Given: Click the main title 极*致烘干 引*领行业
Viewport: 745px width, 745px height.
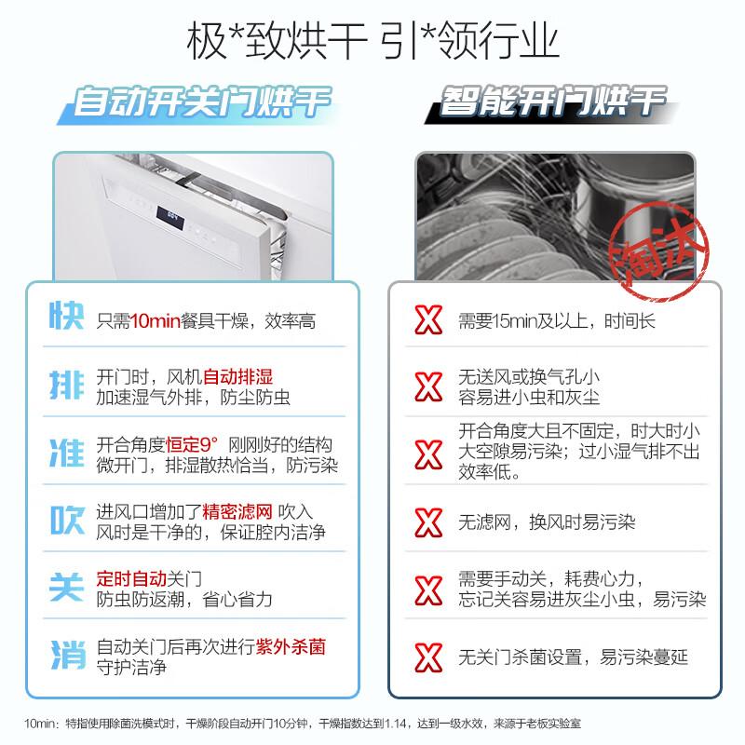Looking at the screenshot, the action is click(372, 42).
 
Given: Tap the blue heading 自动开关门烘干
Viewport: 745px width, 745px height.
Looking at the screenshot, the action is click(202, 102).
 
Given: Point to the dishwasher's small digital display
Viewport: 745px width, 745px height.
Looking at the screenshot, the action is click(170, 218).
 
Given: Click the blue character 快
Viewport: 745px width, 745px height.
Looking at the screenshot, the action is click(66, 316).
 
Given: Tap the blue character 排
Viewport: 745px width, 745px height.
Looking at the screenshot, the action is click(66, 385).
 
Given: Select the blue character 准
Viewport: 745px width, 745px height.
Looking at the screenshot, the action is click(66, 453).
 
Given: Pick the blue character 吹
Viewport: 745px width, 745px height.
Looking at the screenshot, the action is click(66, 520).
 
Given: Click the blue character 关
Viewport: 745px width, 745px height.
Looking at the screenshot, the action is click(66, 588).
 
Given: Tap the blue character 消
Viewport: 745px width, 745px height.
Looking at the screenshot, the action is click(67, 655).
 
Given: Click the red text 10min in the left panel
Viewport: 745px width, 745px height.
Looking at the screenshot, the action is click(155, 321).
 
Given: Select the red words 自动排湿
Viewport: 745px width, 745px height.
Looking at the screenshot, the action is click(238, 377).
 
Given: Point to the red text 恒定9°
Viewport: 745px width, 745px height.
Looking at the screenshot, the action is click(192, 445).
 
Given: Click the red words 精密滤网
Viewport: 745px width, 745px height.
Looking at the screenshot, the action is click(237, 511).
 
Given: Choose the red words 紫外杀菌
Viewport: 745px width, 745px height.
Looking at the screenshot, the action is click(291, 646).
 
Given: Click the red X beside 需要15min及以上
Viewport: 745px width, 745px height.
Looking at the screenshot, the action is click(428, 319).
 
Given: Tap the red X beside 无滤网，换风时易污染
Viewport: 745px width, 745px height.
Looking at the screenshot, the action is click(428, 522).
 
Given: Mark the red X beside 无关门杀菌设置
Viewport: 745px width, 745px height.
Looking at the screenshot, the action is click(428, 657).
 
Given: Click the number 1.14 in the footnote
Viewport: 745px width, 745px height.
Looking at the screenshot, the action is click(395, 724).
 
